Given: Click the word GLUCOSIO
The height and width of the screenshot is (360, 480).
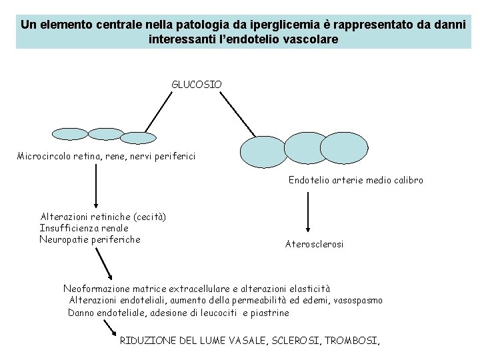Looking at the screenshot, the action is [x=197, y=85].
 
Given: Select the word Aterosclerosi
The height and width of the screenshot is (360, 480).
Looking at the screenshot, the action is [x=314, y=245].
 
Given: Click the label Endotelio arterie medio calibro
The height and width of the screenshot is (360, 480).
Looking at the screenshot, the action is [x=355, y=180].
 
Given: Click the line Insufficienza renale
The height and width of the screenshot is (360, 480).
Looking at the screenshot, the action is [x=84, y=228].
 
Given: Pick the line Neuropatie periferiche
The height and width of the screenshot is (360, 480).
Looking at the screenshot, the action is [x=90, y=239].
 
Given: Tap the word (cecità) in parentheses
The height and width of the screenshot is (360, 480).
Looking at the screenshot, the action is [x=149, y=217].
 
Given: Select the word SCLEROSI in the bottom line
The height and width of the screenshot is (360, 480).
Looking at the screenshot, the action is [x=297, y=341].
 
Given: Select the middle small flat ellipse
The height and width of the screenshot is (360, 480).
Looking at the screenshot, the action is [x=106, y=133].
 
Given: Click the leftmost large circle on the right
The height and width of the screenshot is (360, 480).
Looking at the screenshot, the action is [x=263, y=151].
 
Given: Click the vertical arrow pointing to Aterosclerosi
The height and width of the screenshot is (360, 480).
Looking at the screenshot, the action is [x=307, y=212].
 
